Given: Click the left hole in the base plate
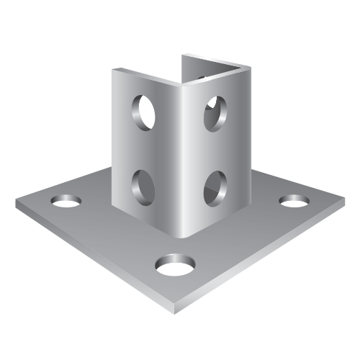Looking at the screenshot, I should (66, 201).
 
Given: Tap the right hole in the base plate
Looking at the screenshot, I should (294, 201).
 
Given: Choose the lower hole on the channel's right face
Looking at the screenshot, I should (214, 186).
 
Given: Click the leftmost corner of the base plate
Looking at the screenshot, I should (17, 202).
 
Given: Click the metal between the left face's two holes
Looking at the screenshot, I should (144, 148).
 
